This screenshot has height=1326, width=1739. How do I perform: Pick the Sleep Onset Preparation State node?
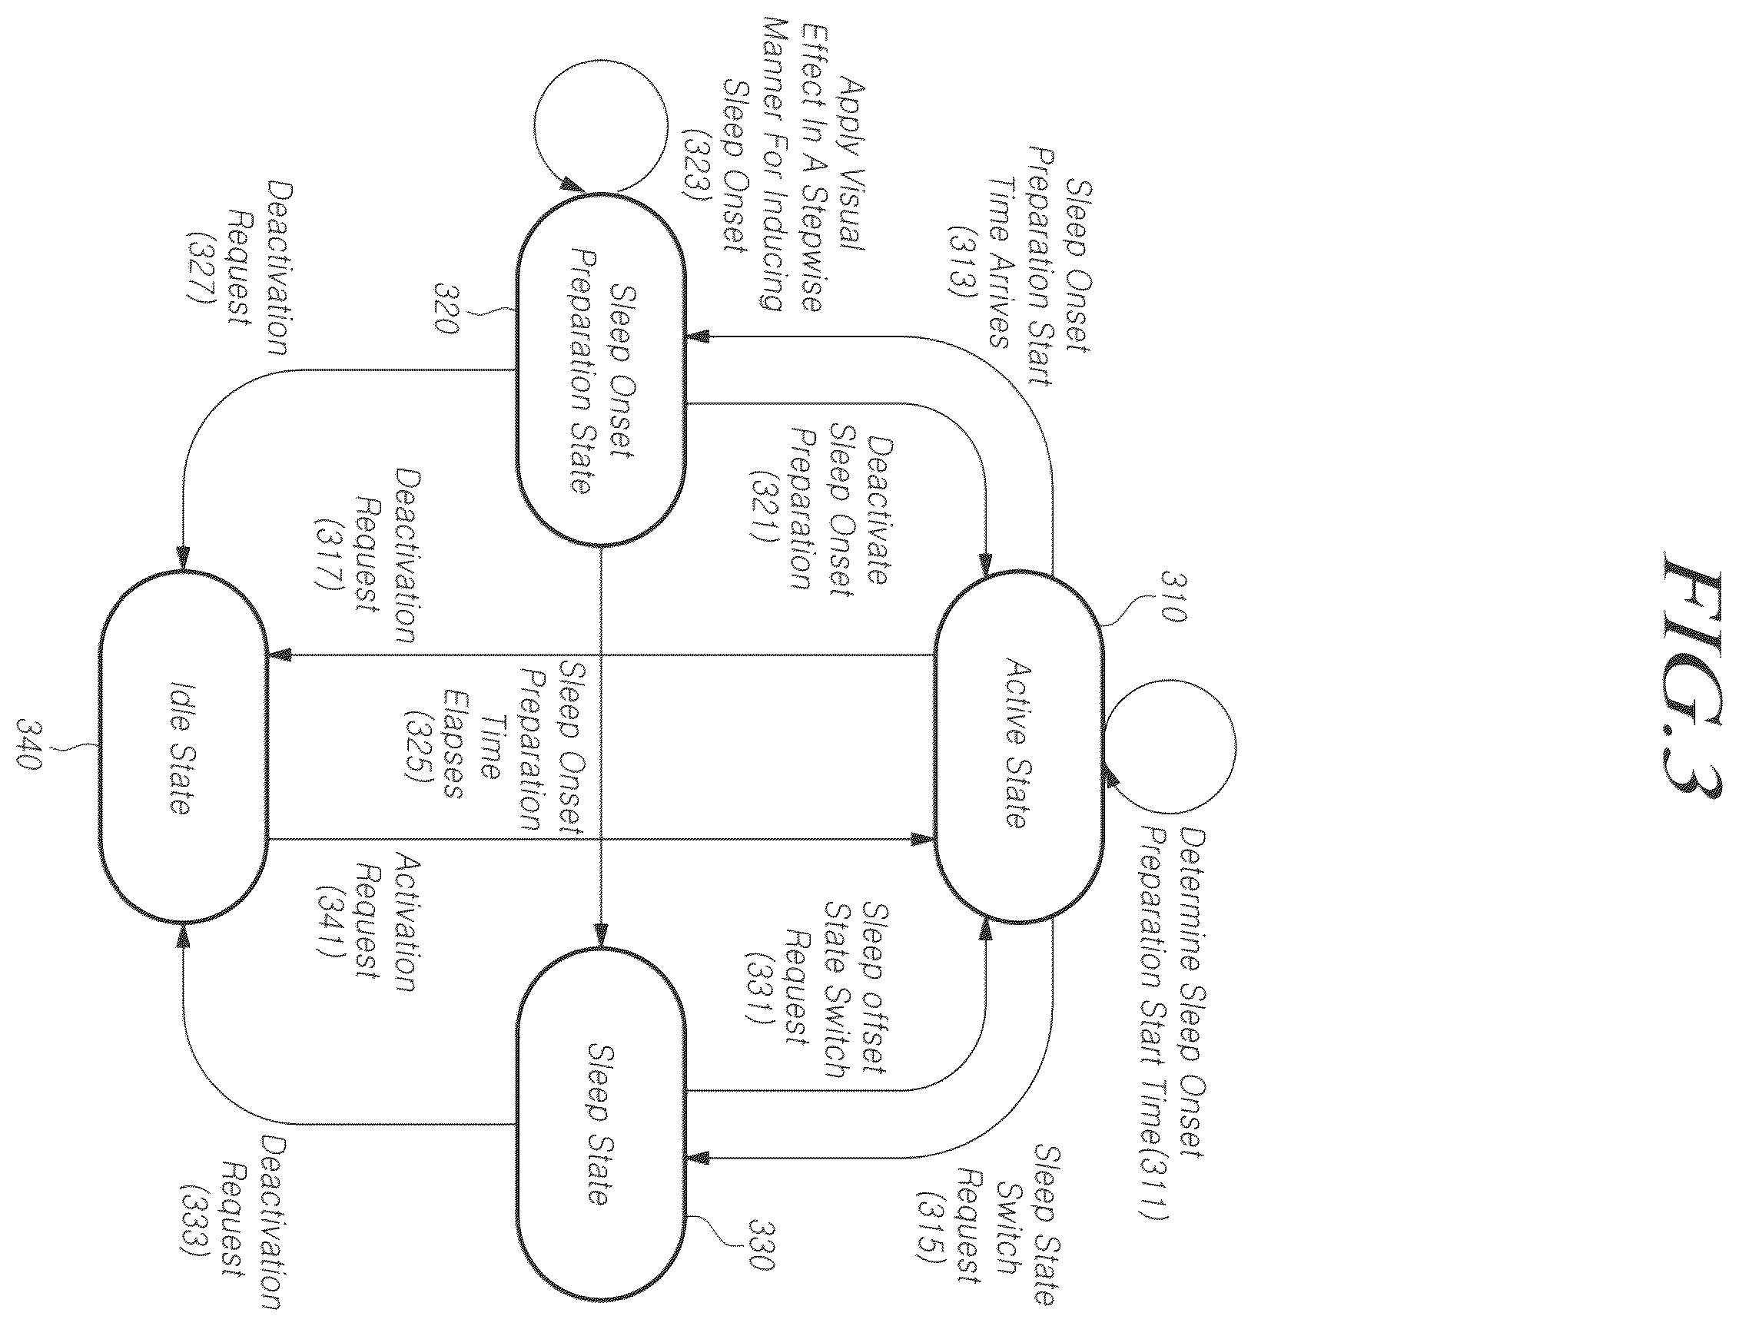[601, 369]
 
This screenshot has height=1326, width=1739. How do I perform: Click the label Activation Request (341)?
[366, 921]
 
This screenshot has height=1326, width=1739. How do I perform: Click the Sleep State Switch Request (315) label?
[987, 1224]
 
